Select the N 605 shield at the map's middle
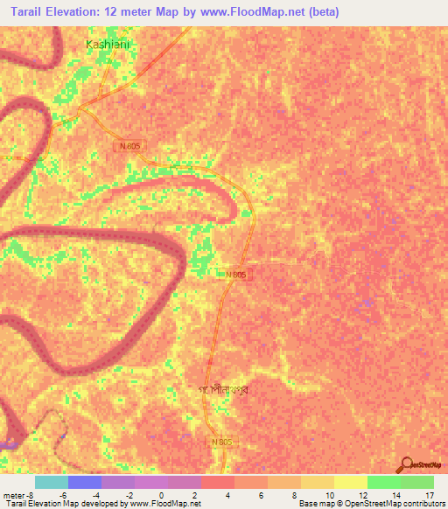pyautogui.click(x=236, y=275)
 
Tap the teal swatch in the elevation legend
pyautogui.click(x=52, y=482)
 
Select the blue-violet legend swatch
pyautogui.click(x=85, y=482)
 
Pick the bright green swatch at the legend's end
pyautogui.click(x=417, y=482)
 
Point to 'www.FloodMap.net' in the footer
pyautogui.click(x=164, y=504)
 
